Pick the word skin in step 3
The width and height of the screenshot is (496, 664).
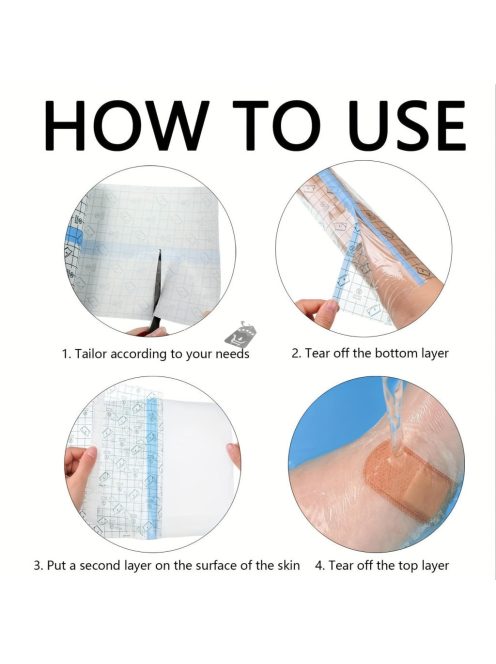288,565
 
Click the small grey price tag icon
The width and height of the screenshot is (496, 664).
240,333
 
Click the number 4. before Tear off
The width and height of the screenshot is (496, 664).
319,565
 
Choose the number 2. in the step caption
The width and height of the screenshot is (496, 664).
296,353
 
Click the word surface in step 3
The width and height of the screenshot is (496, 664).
216,565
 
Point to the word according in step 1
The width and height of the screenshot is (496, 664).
139,354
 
